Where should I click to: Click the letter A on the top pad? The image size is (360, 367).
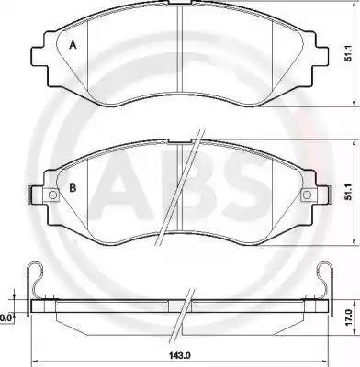pos(73,46)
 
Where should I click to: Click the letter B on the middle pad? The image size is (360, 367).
pos(73,188)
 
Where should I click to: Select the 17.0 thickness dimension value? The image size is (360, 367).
pos(347,317)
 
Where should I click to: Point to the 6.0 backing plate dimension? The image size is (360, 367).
pos(6,317)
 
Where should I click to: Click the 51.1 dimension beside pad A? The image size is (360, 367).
pos(347,54)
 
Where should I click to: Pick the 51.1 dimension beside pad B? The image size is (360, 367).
pos(347,194)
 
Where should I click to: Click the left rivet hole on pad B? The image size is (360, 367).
pos(52,195)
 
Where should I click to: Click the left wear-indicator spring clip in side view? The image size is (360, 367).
pos(36,280)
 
